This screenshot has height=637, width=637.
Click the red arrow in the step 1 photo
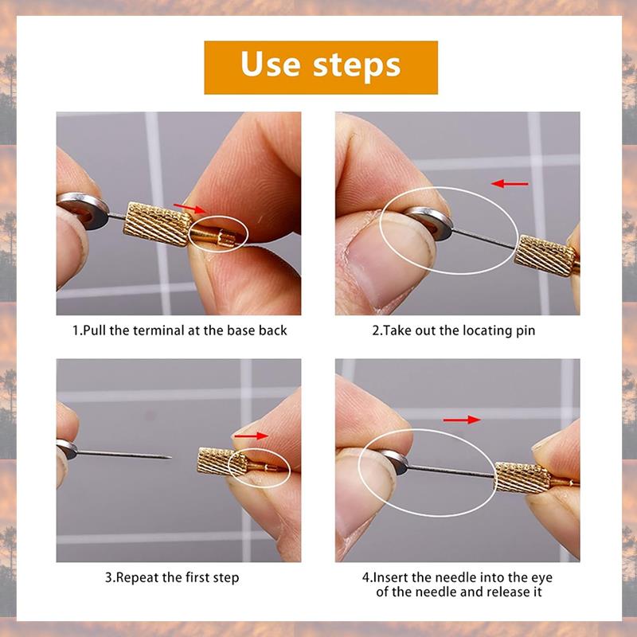coord(190,209)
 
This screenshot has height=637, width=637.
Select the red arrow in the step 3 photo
coord(250,436)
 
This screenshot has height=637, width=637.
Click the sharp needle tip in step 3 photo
coord(165,458)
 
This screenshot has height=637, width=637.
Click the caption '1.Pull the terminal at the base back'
coord(179,330)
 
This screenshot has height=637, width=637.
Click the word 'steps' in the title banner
coord(361,64)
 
